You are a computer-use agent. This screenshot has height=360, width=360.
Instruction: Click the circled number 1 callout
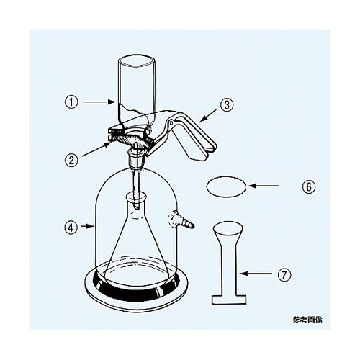(71, 102)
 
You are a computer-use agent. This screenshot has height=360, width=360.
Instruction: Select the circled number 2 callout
(72, 160)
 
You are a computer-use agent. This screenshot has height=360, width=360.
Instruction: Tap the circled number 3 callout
(227, 104)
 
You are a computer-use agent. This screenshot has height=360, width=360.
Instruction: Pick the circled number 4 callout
(71, 228)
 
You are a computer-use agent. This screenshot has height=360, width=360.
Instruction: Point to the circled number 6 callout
(309, 186)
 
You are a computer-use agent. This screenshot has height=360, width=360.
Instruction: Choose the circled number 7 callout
(284, 275)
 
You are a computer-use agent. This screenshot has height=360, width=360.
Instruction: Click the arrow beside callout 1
(98, 102)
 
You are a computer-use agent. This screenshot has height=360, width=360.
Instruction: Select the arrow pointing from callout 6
(264, 186)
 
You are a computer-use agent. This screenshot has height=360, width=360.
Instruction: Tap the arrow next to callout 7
(256, 274)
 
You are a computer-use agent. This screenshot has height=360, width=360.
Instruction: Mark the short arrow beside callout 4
(87, 226)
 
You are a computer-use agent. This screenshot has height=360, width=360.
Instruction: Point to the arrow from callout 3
(208, 116)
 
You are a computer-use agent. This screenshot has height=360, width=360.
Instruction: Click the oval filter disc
(226, 186)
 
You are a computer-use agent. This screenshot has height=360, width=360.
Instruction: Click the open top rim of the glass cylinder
(136, 61)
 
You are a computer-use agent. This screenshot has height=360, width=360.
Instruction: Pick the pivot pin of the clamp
(171, 123)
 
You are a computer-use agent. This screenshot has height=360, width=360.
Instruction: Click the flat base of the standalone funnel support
(229, 300)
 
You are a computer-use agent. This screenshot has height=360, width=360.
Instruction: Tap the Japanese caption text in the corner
(307, 320)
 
